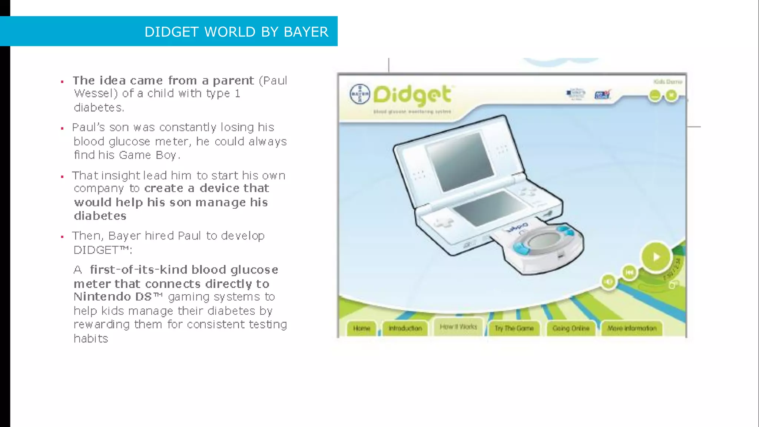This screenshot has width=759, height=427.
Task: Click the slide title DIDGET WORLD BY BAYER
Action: click(236, 32)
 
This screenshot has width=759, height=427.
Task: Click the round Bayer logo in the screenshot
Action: click(359, 94)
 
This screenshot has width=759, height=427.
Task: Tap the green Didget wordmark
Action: click(412, 95)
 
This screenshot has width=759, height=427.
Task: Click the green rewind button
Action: click(629, 272)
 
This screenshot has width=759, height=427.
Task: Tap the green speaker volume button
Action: click(608, 282)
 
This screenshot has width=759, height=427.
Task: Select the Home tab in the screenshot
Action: click(361, 328)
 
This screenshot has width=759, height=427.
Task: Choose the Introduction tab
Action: click(405, 328)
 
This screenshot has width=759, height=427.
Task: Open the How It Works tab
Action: click(458, 327)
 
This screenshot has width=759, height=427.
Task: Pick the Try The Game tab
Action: click(514, 328)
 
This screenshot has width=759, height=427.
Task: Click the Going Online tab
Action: click(571, 328)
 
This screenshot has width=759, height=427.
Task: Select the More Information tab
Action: click(632, 328)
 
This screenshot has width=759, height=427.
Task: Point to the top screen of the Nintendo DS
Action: click(460, 162)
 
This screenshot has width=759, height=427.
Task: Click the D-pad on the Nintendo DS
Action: click(443, 223)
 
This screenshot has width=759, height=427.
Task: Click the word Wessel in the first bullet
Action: click(96, 93)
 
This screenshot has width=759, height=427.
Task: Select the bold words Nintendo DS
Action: click(113, 297)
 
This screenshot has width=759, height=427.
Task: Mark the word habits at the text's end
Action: click(91, 338)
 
